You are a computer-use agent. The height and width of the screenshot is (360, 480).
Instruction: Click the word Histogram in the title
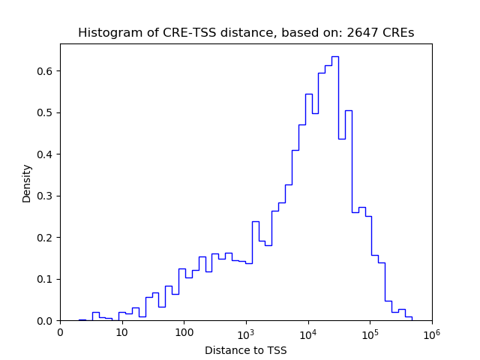106,33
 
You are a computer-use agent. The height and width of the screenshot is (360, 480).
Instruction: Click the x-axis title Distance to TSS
246,350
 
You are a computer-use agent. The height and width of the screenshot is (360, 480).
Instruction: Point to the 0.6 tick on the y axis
46,71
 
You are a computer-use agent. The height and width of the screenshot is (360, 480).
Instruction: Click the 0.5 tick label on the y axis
46,113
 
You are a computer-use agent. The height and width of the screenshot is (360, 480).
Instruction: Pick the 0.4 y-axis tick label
46,154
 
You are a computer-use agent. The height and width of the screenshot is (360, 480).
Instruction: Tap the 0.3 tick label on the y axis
46,196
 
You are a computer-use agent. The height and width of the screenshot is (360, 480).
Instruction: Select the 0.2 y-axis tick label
46,238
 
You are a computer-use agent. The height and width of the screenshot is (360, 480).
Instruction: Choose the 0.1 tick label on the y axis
46,279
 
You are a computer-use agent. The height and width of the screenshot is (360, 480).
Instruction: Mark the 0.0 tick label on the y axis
46,321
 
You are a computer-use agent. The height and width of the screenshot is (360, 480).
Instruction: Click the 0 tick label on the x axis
60,332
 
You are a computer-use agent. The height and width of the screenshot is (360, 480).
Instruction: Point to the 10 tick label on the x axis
122,332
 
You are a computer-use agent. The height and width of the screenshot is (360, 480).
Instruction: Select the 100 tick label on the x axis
184,332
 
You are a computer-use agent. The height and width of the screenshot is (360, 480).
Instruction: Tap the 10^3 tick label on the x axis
246,331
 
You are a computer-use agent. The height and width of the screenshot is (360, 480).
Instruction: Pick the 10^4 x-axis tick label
308,331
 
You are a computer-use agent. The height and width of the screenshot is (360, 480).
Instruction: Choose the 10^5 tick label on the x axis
370,331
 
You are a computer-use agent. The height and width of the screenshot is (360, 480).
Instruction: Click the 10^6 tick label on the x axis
432,331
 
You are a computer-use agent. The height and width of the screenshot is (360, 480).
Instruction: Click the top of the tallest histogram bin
335,56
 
